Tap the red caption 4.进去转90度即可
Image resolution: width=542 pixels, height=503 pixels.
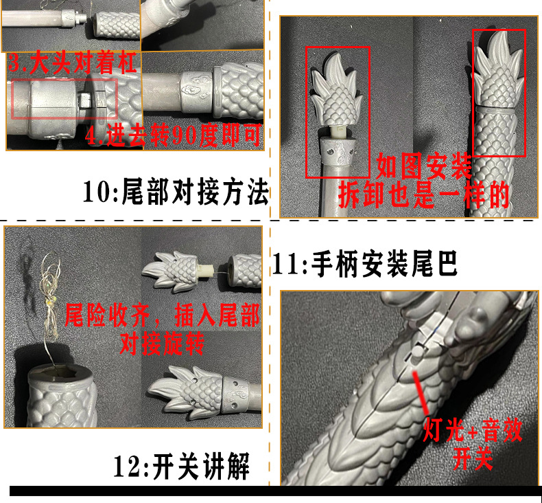click(174, 135)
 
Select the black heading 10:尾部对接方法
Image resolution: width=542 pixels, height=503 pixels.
click(175, 192)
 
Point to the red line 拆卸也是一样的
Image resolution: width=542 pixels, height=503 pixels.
click(424, 196)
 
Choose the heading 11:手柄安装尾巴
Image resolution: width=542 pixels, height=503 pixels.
click(366, 264)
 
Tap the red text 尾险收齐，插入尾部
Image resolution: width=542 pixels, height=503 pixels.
click(163, 317)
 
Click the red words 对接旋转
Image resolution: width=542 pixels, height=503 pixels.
click(163, 342)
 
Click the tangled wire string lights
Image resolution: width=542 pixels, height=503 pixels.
click(49, 309)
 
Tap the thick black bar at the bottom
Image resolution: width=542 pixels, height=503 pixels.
click(274, 491)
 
